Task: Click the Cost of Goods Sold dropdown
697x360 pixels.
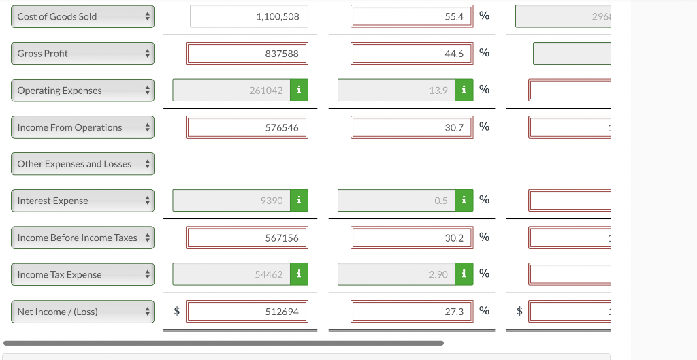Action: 82,16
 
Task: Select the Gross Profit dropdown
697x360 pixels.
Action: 82,54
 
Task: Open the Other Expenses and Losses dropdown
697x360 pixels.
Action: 82,164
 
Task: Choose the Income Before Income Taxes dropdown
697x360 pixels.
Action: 82,238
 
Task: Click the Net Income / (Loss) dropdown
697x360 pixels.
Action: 82,312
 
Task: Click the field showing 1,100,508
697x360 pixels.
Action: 249,16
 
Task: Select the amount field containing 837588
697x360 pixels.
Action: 248,54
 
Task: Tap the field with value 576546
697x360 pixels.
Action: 248,127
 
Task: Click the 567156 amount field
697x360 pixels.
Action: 248,238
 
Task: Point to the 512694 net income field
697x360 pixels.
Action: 248,312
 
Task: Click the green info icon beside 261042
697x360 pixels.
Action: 299,91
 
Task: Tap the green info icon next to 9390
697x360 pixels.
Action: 299,201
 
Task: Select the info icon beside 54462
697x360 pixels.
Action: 299,274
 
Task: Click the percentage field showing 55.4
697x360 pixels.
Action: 412,16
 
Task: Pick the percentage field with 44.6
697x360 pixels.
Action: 412,54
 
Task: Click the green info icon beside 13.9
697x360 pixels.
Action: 464,91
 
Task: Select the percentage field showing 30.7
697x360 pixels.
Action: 412,127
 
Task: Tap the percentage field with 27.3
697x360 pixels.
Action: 412,312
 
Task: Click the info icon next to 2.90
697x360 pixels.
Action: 464,274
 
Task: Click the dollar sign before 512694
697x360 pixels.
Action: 177,312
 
